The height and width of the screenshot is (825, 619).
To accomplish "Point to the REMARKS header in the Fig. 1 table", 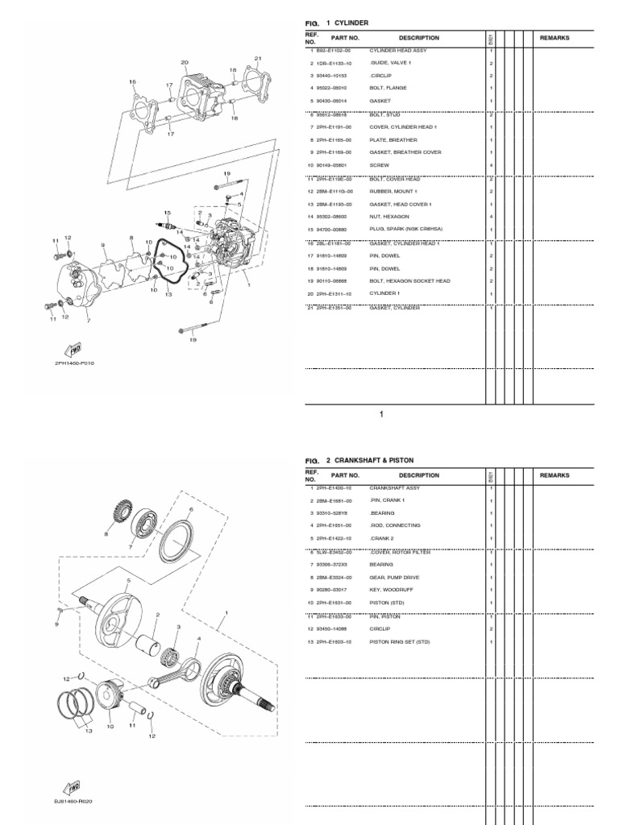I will pyautogui.click(x=555, y=38).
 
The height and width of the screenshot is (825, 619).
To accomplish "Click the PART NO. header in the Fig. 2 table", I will pyautogui.click(x=344, y=475).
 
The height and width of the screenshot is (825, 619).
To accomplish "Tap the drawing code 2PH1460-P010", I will pyautogui.click(x=74, y=363).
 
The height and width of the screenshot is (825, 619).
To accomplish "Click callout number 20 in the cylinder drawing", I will pyautogui.click(x=185, y=62).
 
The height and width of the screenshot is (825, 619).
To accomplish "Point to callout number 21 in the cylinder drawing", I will pyautogui.click(x=258, y=59).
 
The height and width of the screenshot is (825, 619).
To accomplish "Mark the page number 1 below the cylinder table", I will pyautogui.click(x=382, y=415).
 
